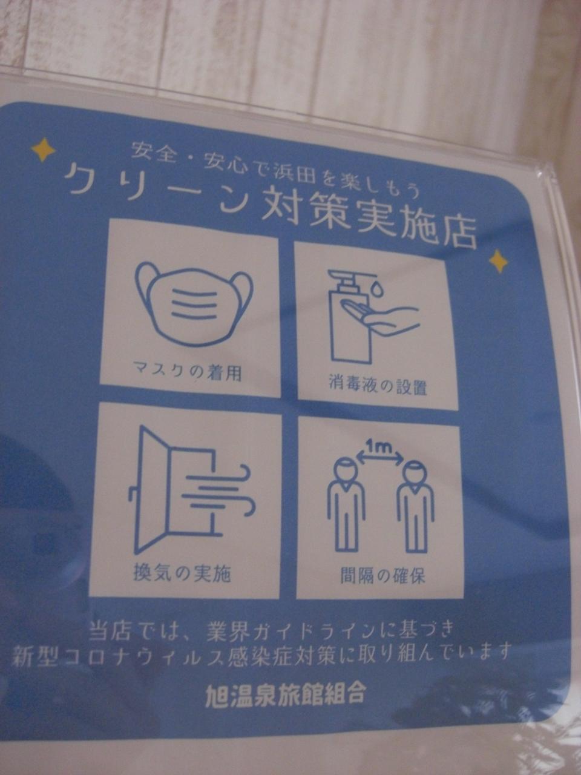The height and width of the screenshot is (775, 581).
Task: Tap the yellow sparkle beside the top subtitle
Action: click(43, 150)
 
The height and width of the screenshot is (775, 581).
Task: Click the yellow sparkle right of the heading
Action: click(499, 261)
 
